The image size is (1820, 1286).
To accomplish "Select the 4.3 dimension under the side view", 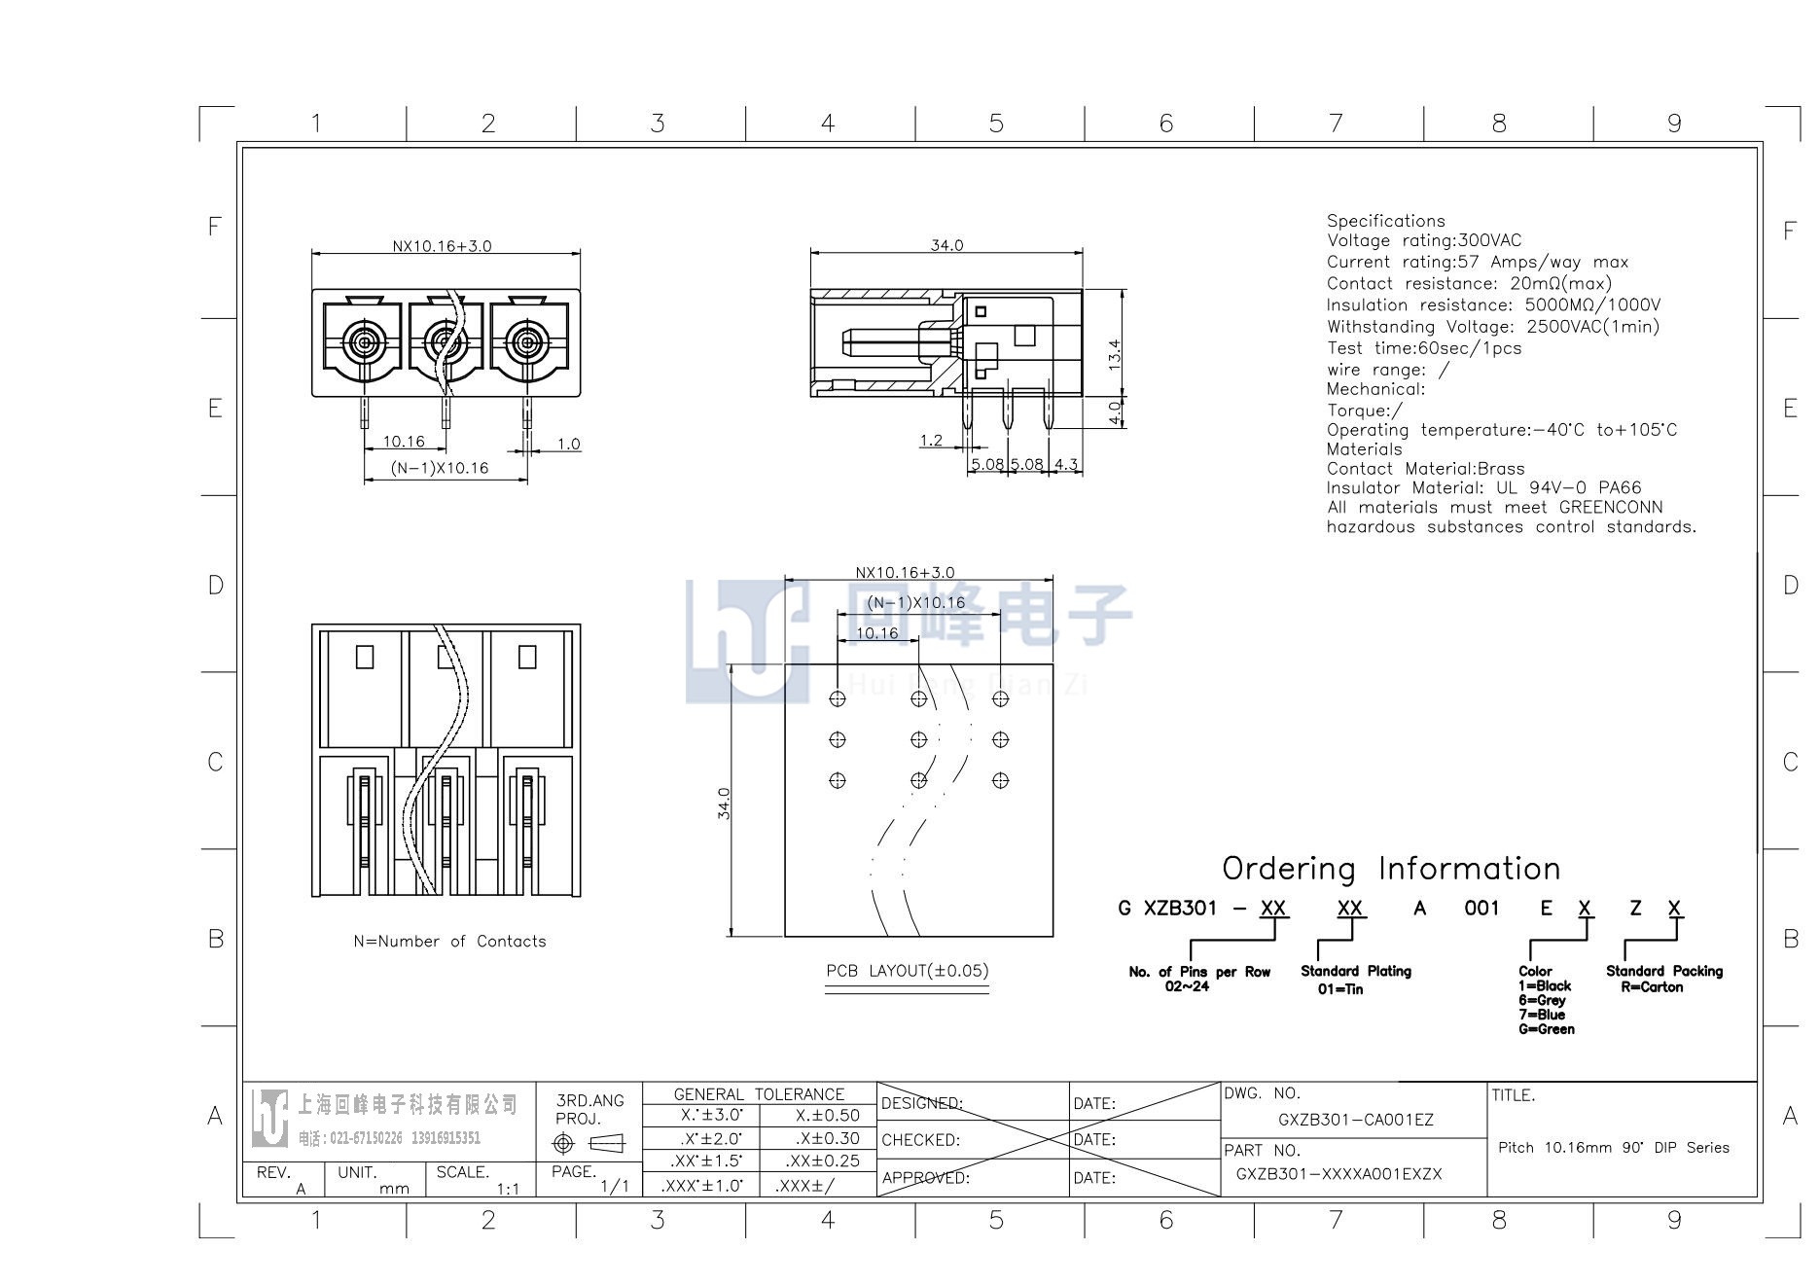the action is (1066, 464).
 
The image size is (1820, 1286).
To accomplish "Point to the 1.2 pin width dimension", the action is (931, 441).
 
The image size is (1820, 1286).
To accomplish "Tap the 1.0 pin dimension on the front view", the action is (569, 444).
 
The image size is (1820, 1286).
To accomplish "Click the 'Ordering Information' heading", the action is (1391, 868).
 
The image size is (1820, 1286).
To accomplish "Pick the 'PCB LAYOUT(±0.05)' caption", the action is (907, 970).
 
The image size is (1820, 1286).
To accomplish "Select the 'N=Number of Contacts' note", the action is (449, 941).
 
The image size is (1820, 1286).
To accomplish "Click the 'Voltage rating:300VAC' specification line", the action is (1424, 240).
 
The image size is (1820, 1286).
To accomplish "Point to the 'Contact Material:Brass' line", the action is (1425, 468).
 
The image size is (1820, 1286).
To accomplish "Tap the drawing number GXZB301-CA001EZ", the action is (1355, 1120).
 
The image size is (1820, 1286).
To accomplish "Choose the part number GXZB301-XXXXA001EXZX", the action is (1338, 1173).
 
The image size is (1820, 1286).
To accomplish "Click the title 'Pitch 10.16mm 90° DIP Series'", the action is (1614, 1147).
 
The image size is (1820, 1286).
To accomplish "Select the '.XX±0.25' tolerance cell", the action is (823, 1161).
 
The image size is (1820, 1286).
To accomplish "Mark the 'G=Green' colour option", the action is (1546, 1028).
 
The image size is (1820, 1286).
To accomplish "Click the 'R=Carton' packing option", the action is (1651, 986).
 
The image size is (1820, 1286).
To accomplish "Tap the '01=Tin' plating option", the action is (1340, 988).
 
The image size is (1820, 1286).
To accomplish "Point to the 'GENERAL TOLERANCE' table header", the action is (759, 1093).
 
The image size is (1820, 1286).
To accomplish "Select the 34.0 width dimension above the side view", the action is (946, 245).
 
